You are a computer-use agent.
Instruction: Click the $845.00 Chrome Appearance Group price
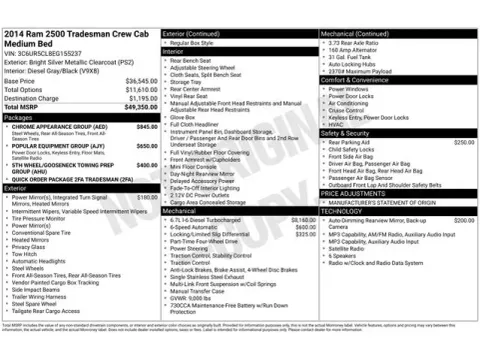click(146, 127)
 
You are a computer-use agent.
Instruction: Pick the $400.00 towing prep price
click(146, 164)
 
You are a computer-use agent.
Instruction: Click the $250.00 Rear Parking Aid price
click(465, 142)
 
